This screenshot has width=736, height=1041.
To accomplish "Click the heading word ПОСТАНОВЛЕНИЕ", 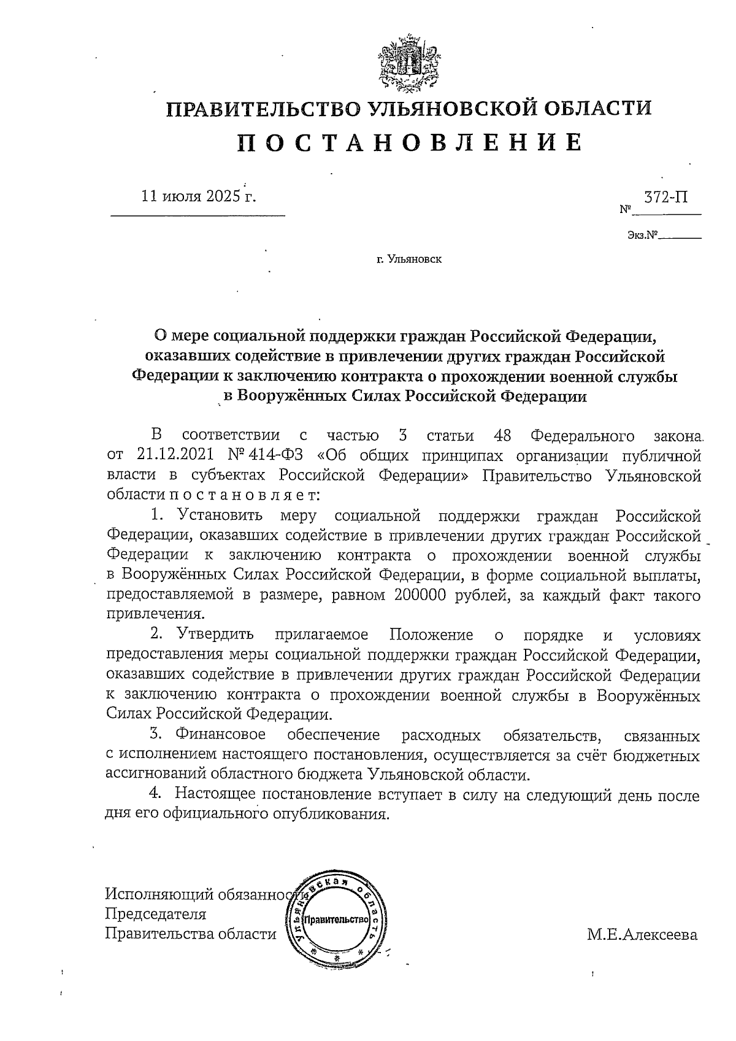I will click(x=409, y=142).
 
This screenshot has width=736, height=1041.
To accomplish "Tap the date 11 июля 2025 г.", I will click(x=199, y=196).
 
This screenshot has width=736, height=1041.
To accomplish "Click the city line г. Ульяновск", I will click(x=409, y=260).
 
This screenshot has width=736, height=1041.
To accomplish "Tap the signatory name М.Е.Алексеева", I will click(x=642, y=935).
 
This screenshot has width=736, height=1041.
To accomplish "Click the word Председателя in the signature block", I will click(x=156, y=914).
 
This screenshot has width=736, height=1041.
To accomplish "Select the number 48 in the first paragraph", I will click(x=502, y=436).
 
